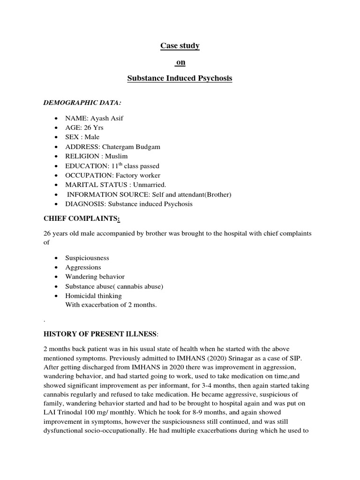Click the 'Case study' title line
click(x=180, y=45)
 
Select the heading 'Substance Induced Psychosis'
click(x=180, y=78)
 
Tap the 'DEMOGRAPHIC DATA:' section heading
click(x=79, y=103)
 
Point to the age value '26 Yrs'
click(x=94, y=127)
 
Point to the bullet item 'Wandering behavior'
click(x=96, y=277)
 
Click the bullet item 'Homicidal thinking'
click(x=94, y=296)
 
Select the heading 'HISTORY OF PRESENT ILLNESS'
click(x=100, y=334)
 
